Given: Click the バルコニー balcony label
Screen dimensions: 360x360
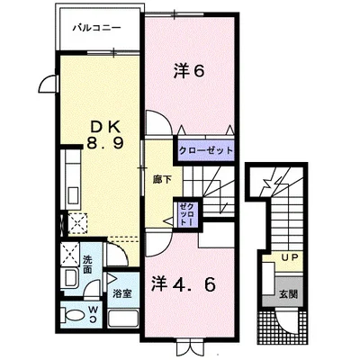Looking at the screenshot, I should (96, 29).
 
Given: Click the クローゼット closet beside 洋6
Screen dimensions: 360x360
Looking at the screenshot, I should (206, 150).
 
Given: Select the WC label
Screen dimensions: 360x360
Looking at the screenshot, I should (92, 317).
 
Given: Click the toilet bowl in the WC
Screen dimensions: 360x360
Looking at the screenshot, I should (72, 316).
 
